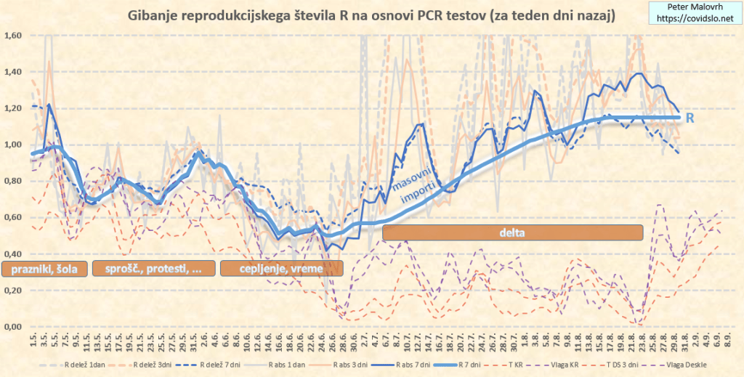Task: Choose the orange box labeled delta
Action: [x=512, y=232]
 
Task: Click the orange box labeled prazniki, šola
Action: [x=45, y=269]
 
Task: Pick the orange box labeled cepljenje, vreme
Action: [x=281, y=269]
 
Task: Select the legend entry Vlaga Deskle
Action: [x=684, y=364]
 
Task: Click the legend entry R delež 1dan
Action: [x=90, y=364]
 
